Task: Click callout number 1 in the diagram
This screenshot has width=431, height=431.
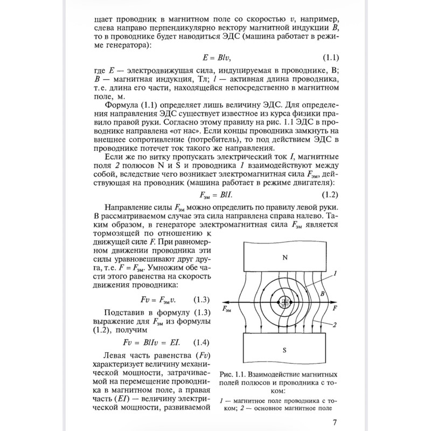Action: click(335, 273)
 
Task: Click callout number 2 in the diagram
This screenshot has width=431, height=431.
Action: click(335, 324)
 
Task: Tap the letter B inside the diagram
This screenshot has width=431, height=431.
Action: click(322, 294)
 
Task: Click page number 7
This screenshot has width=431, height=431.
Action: click(335, 422)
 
